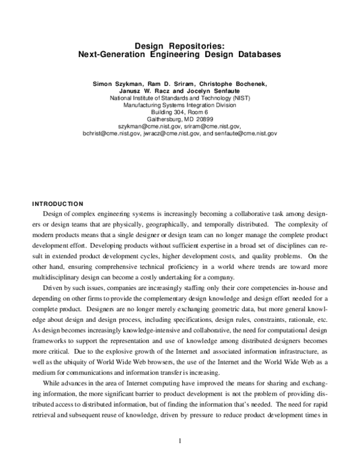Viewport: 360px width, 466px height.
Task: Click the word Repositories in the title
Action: [x=193, y=45]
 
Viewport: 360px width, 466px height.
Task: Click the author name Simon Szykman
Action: [x=115, y=83]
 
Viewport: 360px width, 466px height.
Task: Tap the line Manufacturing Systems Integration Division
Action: [x=179, y=105]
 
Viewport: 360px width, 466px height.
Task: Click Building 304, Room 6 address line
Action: [x=179, y=112]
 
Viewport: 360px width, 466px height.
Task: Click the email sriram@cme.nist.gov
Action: [x=213, y=127]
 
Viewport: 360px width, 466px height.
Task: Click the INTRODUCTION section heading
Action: [x=58, y=204]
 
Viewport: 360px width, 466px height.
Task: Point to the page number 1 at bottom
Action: [x=179, y=443]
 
